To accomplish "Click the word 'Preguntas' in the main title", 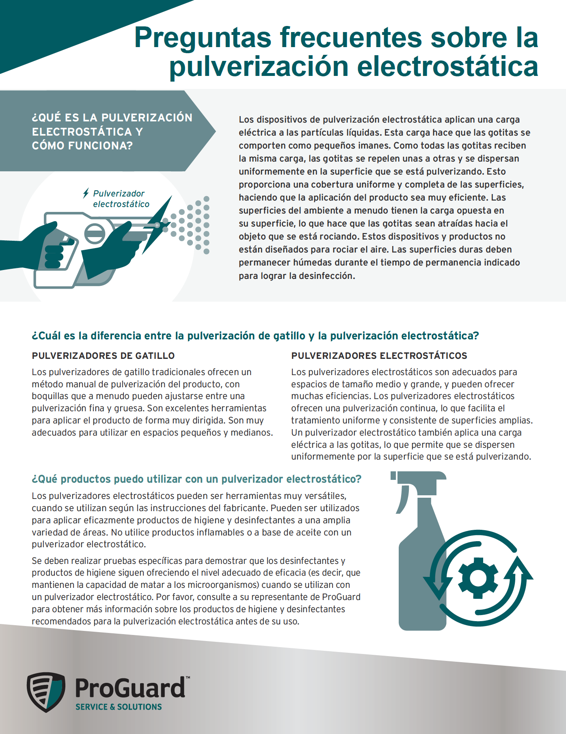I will [x=203, y=38].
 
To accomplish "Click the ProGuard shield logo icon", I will [x=46, y=692].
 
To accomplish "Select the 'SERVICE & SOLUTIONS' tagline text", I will [x=119, y=707].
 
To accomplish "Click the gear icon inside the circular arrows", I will [x=478, y=578].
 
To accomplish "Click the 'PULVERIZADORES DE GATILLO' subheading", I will [x=103, y=356].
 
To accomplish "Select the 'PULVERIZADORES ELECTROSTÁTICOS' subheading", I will [x=379, y=356].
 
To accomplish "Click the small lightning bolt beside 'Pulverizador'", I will [x=86, y=193].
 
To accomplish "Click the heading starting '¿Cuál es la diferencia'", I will [x=255, y=336].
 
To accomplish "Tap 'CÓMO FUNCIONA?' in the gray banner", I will [x=82, y=146].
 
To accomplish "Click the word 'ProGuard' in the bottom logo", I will [x=130, y=689].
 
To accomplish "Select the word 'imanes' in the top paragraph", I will [x=377, y=146].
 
